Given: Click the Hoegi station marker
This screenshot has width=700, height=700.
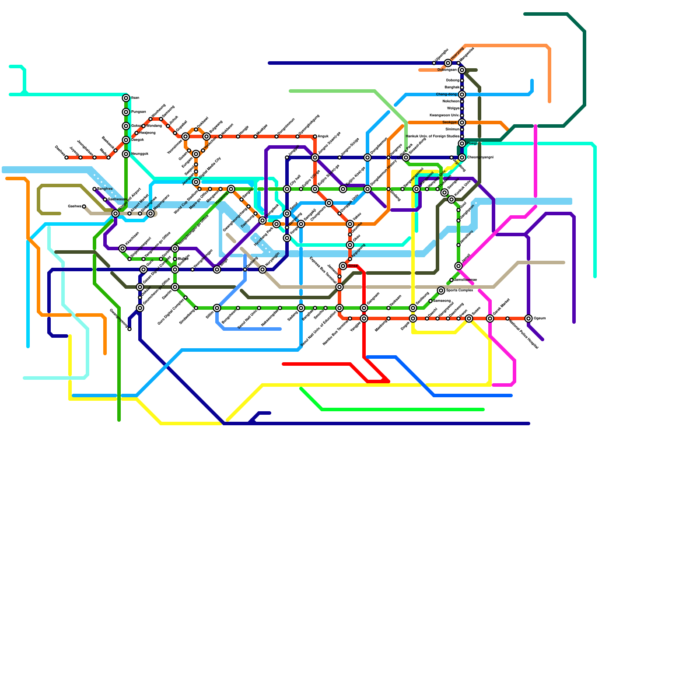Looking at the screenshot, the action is point(462,143).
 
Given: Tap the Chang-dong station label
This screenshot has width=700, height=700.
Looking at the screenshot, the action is point(446,94).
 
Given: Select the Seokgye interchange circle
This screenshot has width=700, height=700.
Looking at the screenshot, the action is point(462,122).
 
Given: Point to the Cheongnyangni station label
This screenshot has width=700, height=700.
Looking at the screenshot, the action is point(480,157).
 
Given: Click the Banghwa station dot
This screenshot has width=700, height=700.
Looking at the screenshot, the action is point(94,189).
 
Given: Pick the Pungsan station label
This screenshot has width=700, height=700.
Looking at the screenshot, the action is point(138,112).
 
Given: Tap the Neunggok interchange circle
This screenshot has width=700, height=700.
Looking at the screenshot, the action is point(126,154).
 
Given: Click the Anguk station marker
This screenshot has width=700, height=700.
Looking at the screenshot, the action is point(315,136).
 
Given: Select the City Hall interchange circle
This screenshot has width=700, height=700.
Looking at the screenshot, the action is point(287,189).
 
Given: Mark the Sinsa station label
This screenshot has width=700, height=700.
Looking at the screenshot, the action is point(353,266).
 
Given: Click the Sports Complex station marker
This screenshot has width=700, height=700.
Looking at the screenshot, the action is point(441,290).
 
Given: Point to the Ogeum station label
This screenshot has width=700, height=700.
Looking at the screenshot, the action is point(540,318).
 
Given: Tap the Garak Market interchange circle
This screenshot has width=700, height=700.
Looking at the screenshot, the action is point(490,318).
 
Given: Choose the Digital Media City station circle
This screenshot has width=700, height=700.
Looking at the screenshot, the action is point(196,182).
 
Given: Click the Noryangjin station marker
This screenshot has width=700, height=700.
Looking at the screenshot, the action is point(262,269).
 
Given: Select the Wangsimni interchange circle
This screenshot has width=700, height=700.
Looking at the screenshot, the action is point(416,189).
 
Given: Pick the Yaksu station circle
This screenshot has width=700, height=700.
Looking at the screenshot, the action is point(350,224).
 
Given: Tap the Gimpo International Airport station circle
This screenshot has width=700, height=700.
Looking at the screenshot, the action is point(115,213).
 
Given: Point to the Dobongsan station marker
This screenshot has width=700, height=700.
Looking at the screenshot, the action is point(462,70).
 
